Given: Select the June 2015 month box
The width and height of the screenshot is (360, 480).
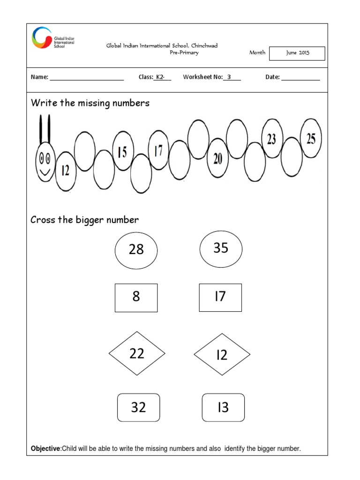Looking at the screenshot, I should tap(298, 53).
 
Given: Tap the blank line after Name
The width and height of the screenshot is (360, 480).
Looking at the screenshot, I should tap(86, 78).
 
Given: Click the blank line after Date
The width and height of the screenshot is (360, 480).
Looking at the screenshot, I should tap(300, 78).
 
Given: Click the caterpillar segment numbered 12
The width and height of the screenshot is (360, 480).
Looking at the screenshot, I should tap(66, 171).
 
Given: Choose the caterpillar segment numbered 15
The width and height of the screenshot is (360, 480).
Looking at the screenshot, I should tap(123, 152).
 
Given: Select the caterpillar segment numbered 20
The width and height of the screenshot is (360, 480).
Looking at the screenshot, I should tap(217, 158).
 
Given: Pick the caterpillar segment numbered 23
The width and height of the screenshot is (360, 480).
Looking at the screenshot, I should tap(272, 138).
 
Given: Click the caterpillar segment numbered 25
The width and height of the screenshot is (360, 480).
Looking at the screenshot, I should tap(311, 138).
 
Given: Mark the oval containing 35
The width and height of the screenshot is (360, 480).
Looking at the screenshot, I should tap(221, 248).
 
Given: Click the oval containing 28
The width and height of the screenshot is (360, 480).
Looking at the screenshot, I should tap(136, 250).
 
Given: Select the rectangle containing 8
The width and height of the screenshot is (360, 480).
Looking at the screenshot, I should tap(136, 297).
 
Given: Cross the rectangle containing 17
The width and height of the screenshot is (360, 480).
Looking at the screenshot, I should tap(220, 297).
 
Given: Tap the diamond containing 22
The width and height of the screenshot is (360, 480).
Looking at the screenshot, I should tap(137, 353).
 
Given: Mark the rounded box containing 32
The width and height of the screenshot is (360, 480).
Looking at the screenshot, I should tap(138, 407).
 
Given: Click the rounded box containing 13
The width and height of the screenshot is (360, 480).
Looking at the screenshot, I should tap(223, 407).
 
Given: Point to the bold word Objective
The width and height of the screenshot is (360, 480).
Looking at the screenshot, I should tap(45, 449).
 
